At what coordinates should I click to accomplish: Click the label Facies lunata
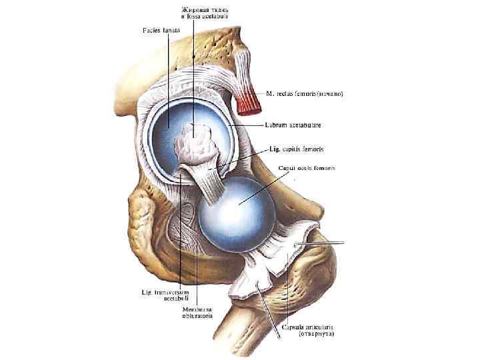tap(162, 31)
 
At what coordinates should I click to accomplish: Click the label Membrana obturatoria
tap(199, 312)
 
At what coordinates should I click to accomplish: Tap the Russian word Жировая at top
tap(193, 10)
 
